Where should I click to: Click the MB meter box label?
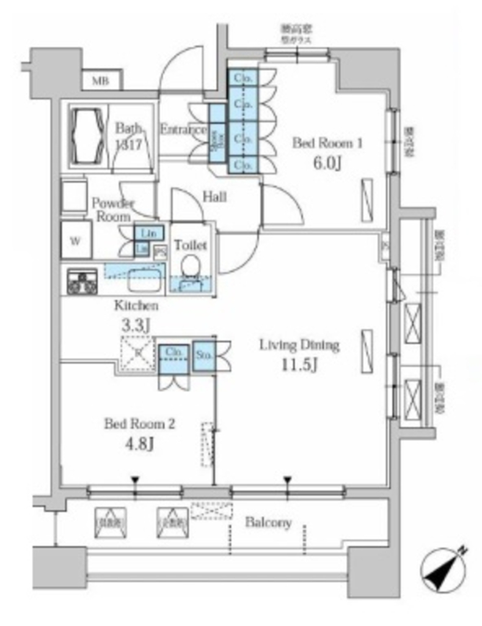(98, 81)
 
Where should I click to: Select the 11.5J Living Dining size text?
(299, 366)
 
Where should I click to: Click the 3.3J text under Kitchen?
(134, 326)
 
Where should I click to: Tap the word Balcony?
(268, 523)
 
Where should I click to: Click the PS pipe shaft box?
(160, 249)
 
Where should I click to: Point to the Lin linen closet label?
(148, 233)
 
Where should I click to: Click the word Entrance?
(183, 130)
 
